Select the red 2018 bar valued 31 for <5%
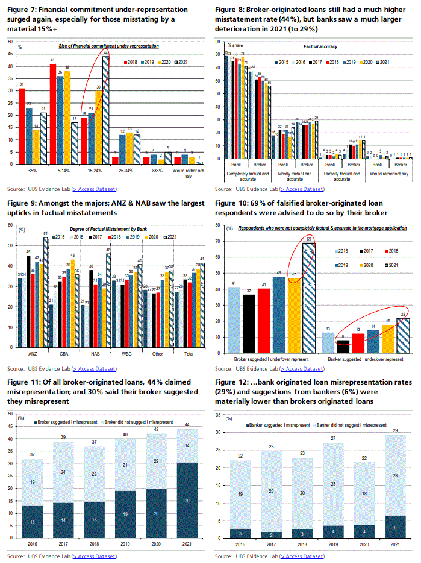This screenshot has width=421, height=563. tap(22, 126)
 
